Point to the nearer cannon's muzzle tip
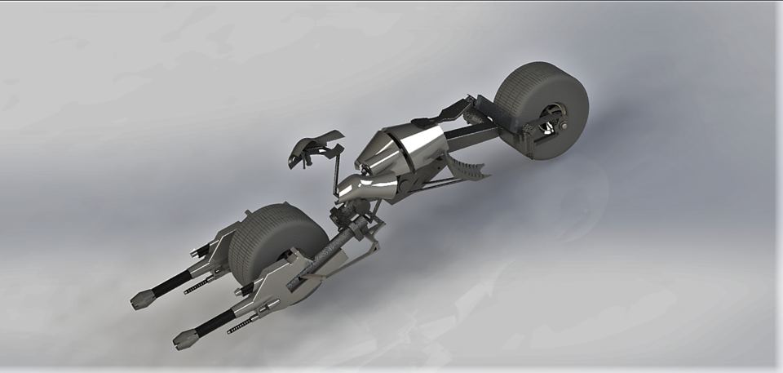(184, 338)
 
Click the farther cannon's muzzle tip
(140, 300)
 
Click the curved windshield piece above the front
(314, 146)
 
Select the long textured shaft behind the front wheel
(326, 257)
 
